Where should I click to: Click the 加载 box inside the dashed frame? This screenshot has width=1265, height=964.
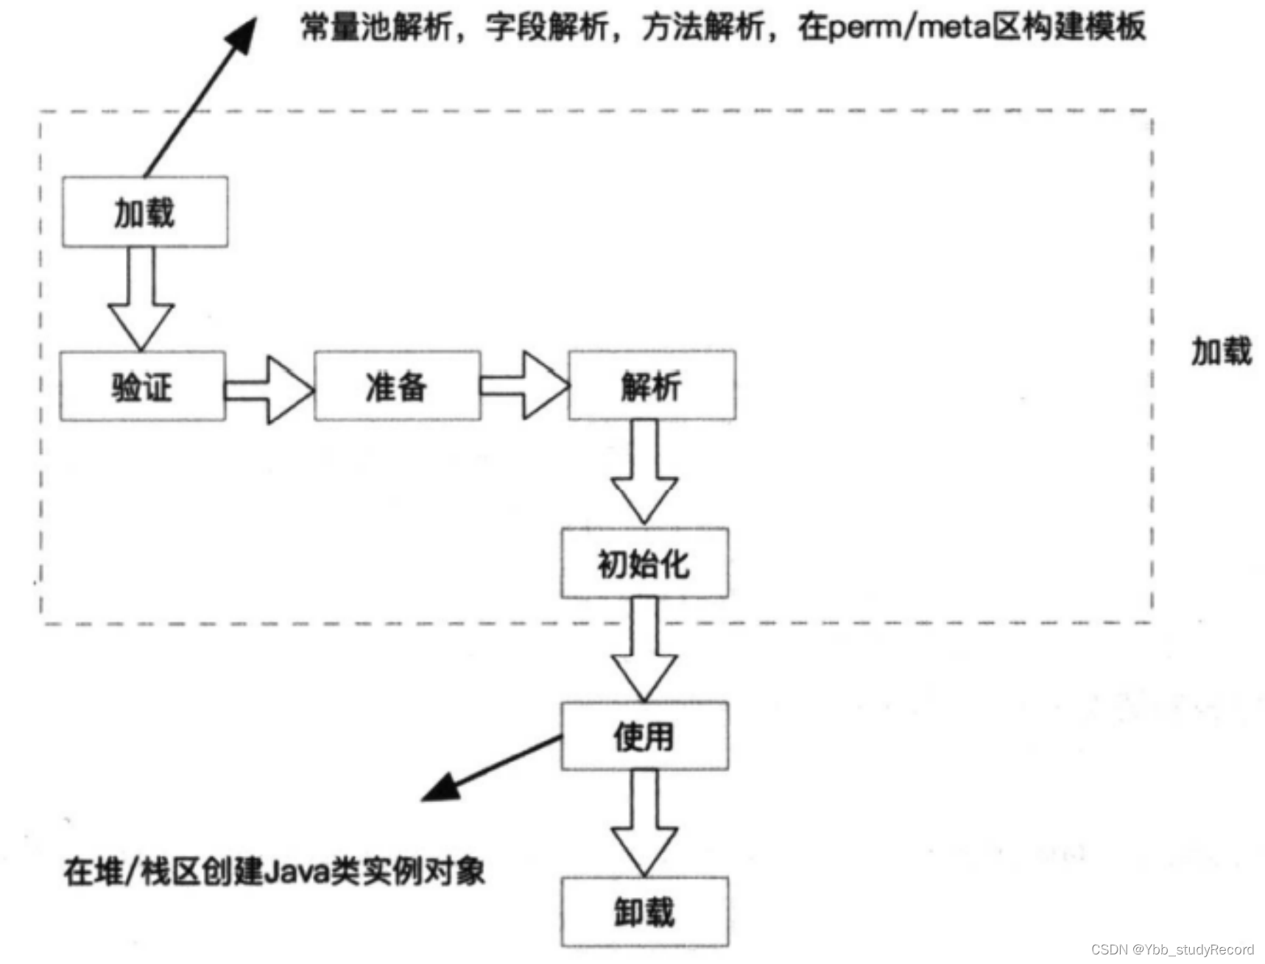click(x=144, y=212)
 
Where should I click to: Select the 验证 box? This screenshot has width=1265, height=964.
click(x=142, y=386)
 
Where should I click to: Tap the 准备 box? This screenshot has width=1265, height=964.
click(x=397, y=386)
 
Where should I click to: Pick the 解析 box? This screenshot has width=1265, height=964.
click(x=652, y=386)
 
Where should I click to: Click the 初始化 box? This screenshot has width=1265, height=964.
click(x=644, y=564)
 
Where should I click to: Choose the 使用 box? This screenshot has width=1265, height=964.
click(x=644, y=737)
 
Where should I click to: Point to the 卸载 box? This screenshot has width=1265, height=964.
click(x=644, y=912)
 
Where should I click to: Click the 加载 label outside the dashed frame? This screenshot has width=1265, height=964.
click(x=1222, y=351)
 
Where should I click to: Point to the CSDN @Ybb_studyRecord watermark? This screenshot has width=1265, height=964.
click(x=1172, y=949)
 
